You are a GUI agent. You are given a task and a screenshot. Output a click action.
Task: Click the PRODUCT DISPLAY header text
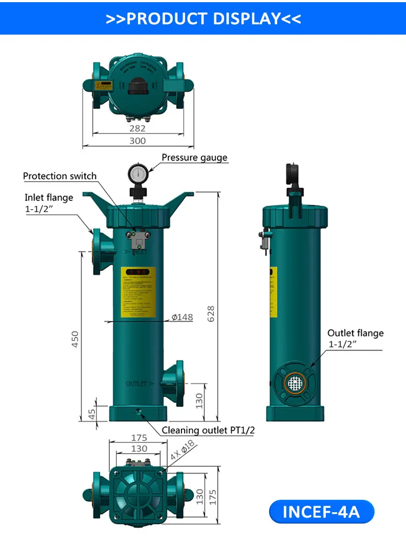point(203,18)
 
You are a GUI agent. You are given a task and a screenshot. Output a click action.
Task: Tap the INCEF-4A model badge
point(321,511)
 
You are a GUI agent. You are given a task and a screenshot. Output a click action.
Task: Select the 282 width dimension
point(137,128)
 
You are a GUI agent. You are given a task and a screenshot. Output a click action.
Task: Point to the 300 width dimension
point(137,141)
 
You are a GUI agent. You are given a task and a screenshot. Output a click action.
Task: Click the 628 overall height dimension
point(211,314)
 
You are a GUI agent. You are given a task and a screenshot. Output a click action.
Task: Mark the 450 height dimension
point(75,339)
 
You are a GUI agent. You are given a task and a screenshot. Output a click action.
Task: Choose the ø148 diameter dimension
point(182,317)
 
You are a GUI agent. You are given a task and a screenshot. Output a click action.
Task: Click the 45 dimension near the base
point(91,414)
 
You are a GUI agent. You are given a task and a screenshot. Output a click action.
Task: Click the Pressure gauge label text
point(194,158)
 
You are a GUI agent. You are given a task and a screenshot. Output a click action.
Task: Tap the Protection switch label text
point(60,176)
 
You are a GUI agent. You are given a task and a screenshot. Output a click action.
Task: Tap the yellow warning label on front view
point(138,293)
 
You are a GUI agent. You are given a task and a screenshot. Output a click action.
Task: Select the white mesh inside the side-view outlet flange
point(294,383)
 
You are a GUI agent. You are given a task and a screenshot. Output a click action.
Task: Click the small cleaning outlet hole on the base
point(138,414)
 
